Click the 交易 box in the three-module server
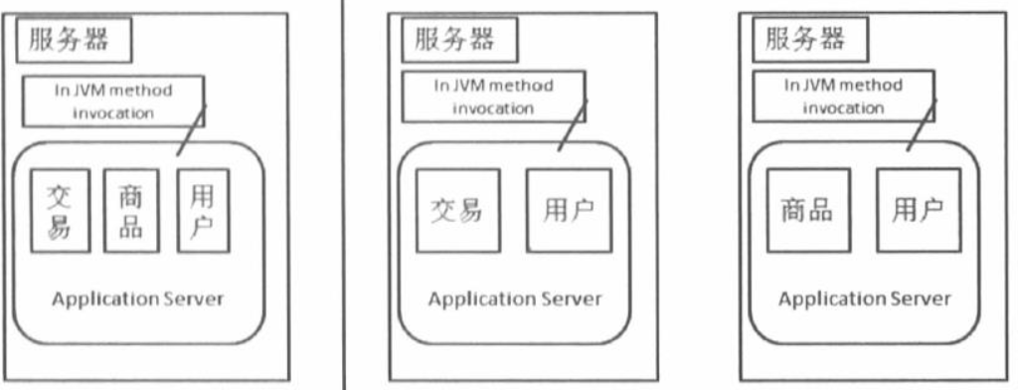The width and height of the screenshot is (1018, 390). [58, 213]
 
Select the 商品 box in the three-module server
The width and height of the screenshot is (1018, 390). [129, 213]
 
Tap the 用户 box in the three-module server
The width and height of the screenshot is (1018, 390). [200, 213]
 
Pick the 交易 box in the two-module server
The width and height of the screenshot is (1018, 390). [457, 211]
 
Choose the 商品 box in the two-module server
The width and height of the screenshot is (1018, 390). [807, 211]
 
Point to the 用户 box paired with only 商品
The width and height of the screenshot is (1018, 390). [918, 211]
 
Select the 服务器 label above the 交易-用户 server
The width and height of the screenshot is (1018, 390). [452, 41]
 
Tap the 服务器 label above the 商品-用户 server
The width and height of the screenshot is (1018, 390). [804, 41]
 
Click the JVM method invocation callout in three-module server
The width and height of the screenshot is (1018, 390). [113, 101]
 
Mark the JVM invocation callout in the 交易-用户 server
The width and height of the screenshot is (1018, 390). [494, 97]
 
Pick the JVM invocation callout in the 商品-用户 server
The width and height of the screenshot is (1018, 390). [844, 97]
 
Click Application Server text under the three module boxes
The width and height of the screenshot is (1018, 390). [138, 299]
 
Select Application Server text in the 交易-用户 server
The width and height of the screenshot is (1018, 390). [515, 299]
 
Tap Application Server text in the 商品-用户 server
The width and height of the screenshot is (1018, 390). [865, 299]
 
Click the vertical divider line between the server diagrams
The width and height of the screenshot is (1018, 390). [344, 199]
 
